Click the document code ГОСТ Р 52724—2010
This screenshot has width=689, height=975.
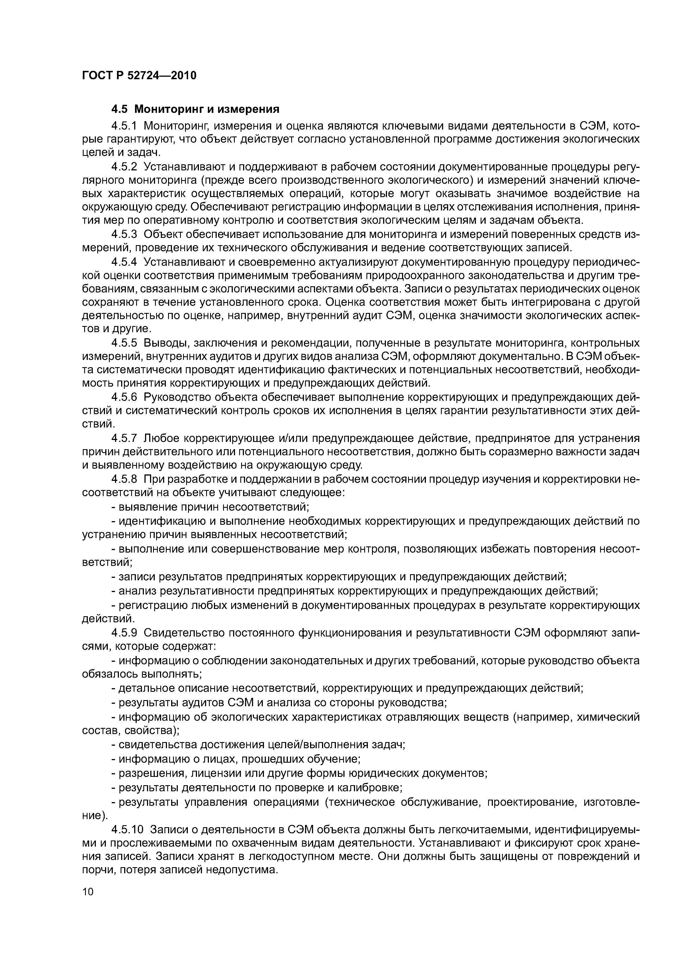point(139,76)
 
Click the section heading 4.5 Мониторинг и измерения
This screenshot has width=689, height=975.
point(195,110)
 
